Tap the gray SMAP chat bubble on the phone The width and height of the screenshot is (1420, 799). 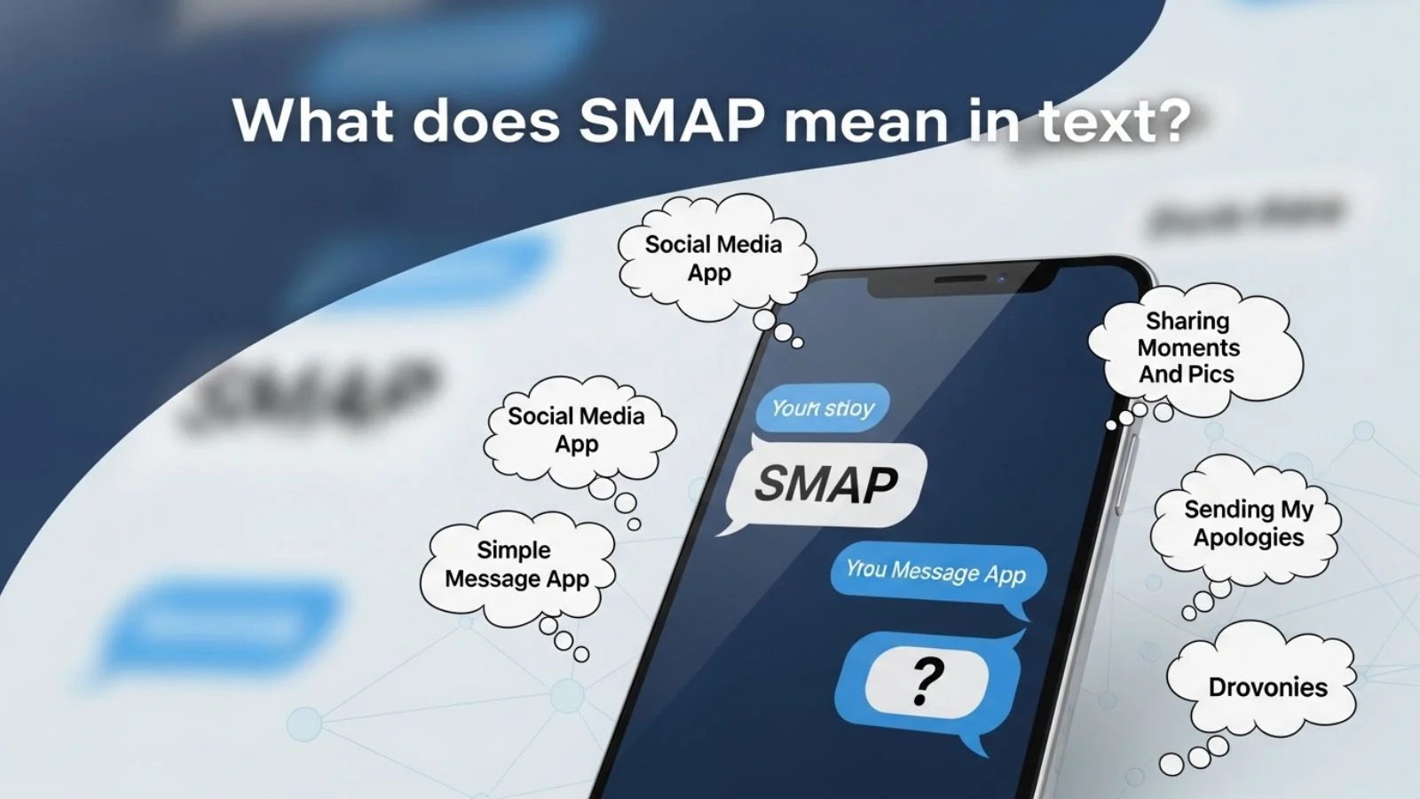point(826,484)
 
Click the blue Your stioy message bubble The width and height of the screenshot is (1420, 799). point(823,408)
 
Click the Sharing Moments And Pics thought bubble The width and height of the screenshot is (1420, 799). point(1189,347)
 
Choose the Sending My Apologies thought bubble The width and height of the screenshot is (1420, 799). point(1248,523)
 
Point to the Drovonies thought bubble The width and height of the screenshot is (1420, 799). point(1266,686)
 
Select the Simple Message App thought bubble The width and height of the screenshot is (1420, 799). point(517,565)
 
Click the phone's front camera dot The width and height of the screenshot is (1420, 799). point(1000,279)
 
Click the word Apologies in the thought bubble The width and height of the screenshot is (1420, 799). point(1248,537)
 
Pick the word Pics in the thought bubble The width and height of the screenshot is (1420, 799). point(1211,374)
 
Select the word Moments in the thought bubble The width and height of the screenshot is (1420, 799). point(1189,347)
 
